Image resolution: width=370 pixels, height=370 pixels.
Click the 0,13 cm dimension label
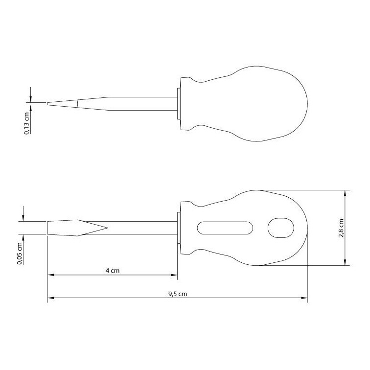pyautogui.click(x=27, y=123)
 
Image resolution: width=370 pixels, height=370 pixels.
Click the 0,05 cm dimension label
pyautogui.click(x=20, y=254)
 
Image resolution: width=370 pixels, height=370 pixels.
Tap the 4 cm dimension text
pyautogui.click(x=113, y=271)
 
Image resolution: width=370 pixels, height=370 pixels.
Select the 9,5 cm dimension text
pyautogui.click(x=178, y=294)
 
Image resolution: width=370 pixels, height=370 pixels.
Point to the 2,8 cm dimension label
pyautogui.click(x=341, y=228)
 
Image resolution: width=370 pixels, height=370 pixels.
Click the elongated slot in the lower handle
pyautogui.click(x=225, y=228)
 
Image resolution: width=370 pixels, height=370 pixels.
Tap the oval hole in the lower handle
pyautogui.click(x=281, y=228)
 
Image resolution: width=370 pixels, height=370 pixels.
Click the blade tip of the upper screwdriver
pyautogui.click(x=47, y=104)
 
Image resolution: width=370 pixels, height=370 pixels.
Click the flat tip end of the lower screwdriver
pyautogui.click(x=48, y=228)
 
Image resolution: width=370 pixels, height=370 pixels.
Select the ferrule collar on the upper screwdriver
pyautogui.click(x=179, y=104)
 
